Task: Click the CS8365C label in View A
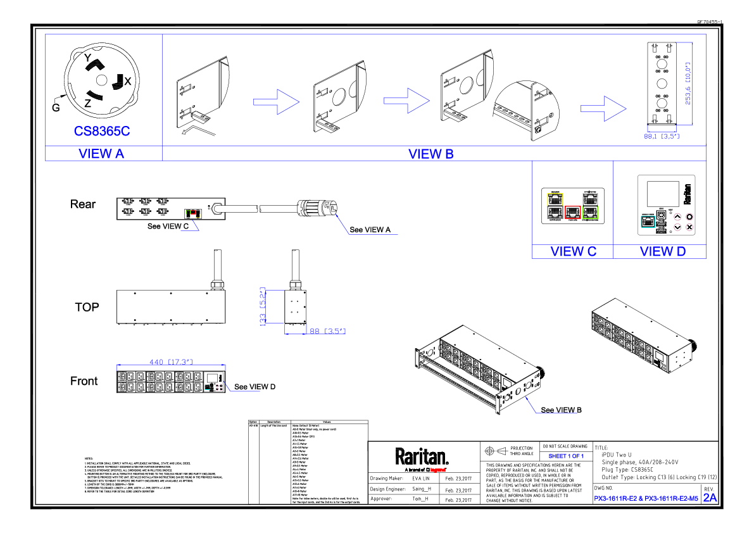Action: pos(102,132)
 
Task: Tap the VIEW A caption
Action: pos(101,154)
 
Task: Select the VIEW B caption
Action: pos(430,154)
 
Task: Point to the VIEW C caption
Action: pos(573,252)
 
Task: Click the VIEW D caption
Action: pos(662,252)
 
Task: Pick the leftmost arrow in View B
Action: pos(276,102)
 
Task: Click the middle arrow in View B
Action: pos(406,101)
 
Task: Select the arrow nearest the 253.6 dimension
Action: pos(603,108)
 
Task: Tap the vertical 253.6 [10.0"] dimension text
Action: pos(688,84)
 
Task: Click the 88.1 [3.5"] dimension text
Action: pos(662,136)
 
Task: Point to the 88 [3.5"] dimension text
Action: pos(327,331)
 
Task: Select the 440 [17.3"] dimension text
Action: pos(170,362)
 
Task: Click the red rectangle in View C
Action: pos(572,212)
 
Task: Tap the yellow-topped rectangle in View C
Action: pos(555,206)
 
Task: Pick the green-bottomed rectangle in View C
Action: pos(590,206)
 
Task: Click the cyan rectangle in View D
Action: pos(648,222)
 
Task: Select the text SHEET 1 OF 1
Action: pos(566,456)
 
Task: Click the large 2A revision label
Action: pos(710,498)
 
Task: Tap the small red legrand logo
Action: pos(437,470)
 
